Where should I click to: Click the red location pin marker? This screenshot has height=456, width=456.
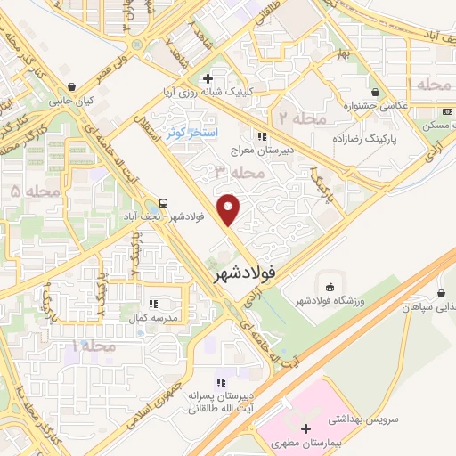230,209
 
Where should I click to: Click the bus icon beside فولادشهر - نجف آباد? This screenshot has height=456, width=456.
164,203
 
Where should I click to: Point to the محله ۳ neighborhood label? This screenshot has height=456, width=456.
232,170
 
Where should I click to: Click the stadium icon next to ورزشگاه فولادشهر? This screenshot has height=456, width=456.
330,287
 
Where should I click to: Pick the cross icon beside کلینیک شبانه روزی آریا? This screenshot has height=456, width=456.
207,79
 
